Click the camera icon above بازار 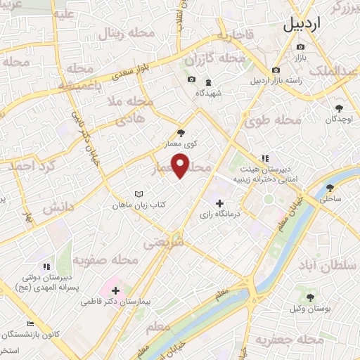click(x=301, y=46)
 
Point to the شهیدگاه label click(x=209, y=92)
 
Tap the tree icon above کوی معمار click(x=181, y=132)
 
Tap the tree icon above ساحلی click(x=330, y=188)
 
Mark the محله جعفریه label click(x=290, y=341)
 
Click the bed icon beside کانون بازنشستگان click(x=30, y=324)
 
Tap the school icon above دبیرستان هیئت click(x=265, y=158)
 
